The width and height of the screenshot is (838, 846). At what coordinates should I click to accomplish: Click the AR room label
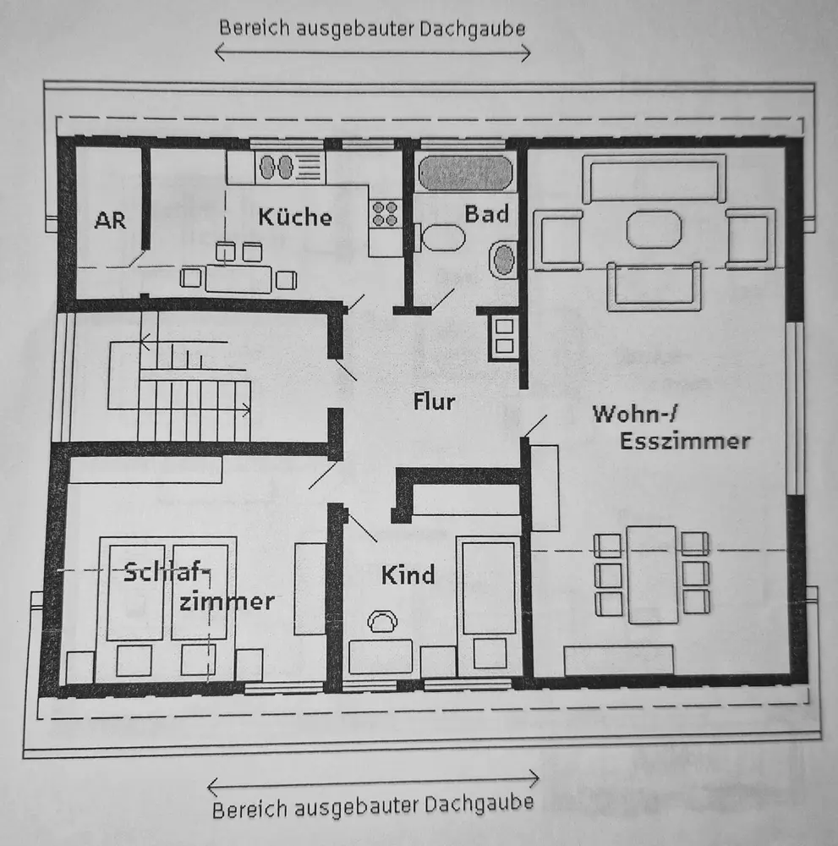tap(110, 221)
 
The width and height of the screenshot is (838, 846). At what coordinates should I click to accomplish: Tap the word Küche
tap(295, 217)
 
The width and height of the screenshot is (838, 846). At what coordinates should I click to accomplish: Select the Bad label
tap(486, 213)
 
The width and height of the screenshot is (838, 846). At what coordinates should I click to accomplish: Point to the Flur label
tap(434, 401)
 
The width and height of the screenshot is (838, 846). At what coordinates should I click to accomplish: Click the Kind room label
tap(408, 575)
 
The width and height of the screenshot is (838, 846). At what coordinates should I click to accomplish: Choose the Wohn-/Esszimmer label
tap(671, 427)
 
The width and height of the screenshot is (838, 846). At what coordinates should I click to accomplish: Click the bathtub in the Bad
tap(466, 173)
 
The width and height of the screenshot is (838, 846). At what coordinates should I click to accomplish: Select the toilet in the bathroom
tap(441, 237)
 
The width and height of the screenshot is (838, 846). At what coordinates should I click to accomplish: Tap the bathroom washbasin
tap(505, 259)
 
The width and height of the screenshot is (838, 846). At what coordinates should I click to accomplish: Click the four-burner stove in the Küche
tap(385, 212)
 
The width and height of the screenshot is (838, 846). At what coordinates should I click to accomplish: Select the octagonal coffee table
tap(653, 229)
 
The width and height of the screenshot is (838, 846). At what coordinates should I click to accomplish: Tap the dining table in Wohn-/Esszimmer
tap(651, 574)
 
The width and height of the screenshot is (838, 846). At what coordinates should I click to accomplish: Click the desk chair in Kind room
tap(382, 622)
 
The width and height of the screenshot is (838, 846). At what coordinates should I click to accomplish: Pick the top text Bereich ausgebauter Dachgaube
tap(372, 28)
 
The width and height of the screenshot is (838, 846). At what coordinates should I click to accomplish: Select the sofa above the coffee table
tap(653, 179)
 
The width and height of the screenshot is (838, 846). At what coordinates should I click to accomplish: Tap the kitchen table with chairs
tap(238, 277)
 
